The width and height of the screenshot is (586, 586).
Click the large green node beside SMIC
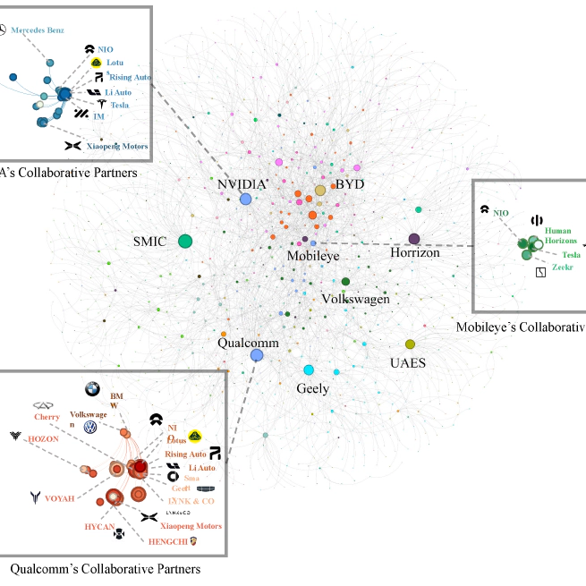click(185, 241)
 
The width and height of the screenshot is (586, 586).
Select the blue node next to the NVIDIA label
click(246, 199)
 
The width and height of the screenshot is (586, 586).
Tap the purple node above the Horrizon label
click(414, 239)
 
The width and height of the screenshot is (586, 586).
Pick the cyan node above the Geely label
click(309, 370)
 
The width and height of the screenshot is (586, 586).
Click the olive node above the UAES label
click(411, 344)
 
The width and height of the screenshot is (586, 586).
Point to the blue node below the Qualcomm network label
click(257, 355)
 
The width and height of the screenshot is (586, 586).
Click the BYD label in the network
click(350, 184)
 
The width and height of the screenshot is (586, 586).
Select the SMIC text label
click(150, 242)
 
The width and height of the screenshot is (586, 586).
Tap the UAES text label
click(407, 363)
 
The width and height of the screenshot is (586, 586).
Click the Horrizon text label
click(415, 254)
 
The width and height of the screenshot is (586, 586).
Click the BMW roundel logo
click(90, 389)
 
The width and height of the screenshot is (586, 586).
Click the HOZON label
click(43, 439)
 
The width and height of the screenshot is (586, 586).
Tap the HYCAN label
click(99, 526)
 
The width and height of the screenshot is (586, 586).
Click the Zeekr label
click(563, 267)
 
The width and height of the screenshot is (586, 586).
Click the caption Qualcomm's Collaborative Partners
click(105, 569)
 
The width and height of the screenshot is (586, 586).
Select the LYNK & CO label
click(191, 501)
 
